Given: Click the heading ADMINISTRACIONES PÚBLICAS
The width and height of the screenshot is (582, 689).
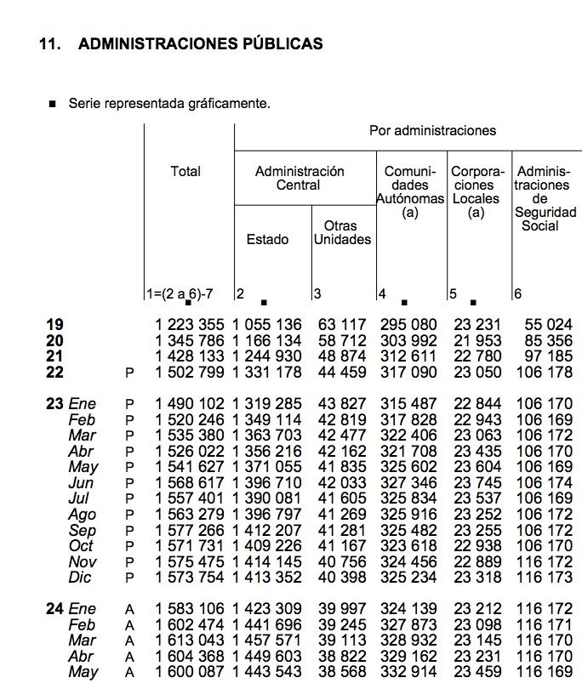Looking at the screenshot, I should (200, 43).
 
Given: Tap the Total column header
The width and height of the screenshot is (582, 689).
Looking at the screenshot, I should (185, 171).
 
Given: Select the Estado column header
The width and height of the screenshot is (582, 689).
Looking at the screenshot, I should (267, 239).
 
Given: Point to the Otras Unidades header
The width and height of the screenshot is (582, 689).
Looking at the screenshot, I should (342, 232).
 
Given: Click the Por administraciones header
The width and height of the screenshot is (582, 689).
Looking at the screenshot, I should (432, 130).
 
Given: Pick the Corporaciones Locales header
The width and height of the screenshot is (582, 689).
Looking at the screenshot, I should (478, 191).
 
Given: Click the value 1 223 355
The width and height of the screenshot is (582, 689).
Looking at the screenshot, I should (190, 324).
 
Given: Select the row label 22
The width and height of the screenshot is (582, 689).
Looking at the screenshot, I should (55, 372).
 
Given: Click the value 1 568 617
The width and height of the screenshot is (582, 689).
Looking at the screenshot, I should (190, 483).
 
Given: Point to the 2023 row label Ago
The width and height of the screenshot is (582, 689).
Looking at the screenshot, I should (83, 515).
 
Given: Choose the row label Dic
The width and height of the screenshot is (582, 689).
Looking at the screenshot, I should (81, 578).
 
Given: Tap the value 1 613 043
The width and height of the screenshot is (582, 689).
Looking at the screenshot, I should (190, 641).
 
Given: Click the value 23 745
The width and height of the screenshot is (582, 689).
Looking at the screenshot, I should (478, 483).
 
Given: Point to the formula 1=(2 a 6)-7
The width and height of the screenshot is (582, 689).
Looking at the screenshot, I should (180, 293).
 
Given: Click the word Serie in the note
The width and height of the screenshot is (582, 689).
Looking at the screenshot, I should (86, 104).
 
